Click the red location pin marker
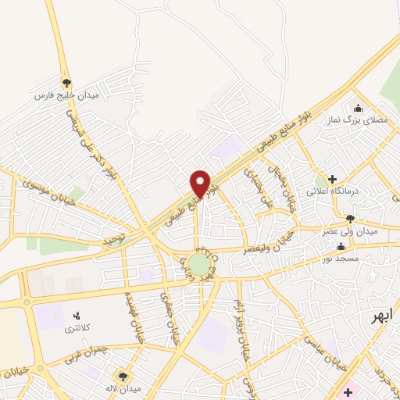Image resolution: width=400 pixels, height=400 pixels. (201, 184)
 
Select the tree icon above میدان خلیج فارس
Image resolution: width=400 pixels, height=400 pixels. (66, 81)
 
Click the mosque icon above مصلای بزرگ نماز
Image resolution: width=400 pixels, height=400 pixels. (358, 108)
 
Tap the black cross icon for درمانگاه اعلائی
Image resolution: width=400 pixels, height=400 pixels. (332, 179)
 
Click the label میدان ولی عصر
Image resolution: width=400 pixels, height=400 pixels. (350, 232)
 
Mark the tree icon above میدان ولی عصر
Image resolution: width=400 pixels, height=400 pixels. (350, 219)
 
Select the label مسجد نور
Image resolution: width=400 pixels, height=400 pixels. (340, 259)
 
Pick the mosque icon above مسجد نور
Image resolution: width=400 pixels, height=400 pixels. (340, 246)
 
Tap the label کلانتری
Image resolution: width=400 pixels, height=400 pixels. (77, 329)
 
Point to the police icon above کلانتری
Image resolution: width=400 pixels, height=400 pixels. (77, 316)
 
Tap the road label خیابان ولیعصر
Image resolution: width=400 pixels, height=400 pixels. (247, 250)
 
